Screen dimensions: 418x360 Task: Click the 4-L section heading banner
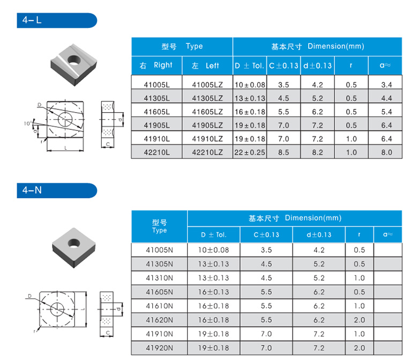coord(57,20)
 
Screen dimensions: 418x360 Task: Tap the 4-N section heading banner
coord(57,190)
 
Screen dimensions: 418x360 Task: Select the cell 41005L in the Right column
coord(156,85)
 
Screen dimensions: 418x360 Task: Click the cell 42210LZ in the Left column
coord(207,152)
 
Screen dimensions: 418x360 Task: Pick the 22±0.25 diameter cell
coord(250,152)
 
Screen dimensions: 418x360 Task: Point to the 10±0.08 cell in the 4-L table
coord(250,85)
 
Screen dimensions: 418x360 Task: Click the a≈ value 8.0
coord(386,152)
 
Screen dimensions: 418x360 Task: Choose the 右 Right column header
coord(156,65)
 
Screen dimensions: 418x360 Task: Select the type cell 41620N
coord(159,320)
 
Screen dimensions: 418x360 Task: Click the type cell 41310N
coord(159,278)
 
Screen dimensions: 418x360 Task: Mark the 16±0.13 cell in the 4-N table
coord(213,292)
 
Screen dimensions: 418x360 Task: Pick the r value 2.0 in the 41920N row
coord(360,348)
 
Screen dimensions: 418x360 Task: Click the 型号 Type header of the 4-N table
coord(159,226)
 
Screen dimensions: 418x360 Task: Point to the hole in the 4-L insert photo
coord(74,60)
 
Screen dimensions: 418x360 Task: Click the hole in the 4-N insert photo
coord(74,244)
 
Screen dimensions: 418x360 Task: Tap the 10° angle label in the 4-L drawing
coord(28,123)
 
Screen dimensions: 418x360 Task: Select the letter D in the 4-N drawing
coord(29,296)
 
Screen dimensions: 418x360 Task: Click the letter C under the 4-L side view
coord(108,144)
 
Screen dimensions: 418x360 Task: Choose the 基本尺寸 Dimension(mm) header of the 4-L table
coord(317,47)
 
